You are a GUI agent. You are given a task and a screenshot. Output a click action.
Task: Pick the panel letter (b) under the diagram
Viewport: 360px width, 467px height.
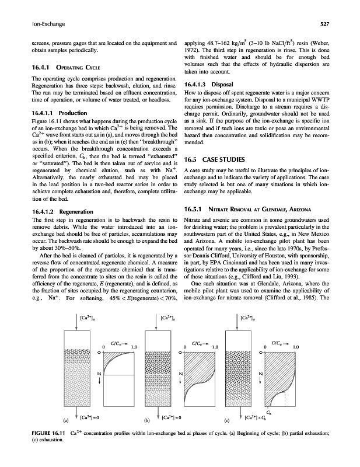click(x=147, y=418)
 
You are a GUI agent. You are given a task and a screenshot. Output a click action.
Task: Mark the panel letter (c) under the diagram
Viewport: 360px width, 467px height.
click(x=227, y=418)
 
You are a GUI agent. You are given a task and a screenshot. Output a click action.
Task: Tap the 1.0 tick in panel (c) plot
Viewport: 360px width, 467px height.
click(x=296, y=348)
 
